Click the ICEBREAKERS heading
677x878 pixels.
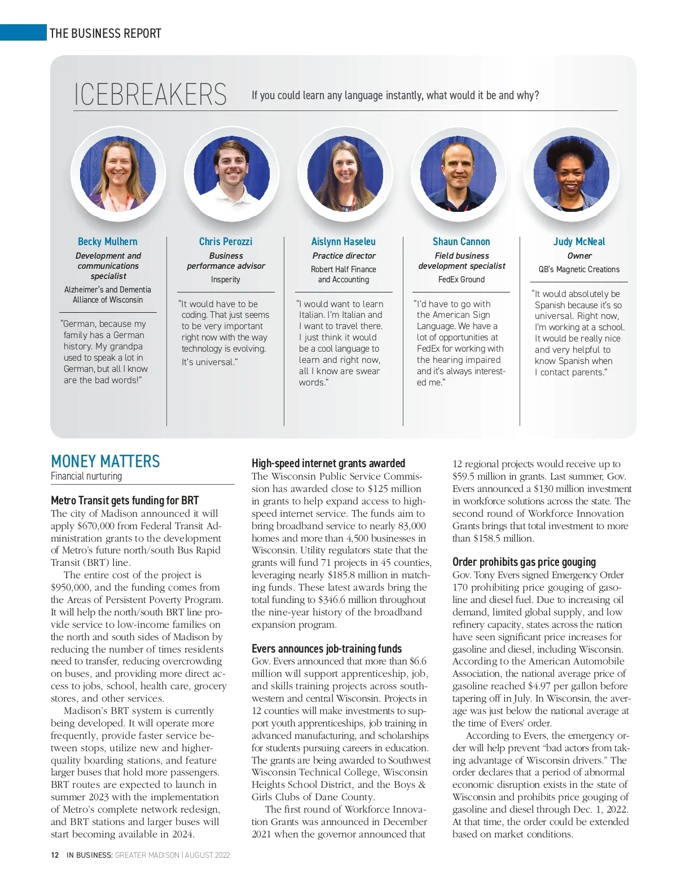tap(150, 95)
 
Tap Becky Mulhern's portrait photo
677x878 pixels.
tap(118, 173)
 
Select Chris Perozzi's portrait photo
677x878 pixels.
tap(231, 173)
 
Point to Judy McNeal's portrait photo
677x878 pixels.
tap(572, 173)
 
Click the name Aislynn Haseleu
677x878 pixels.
tap(343, 242)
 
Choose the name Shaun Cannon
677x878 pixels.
tap(461, 242)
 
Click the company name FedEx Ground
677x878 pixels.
tap(461, 280)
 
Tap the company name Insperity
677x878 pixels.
tap(225, 280)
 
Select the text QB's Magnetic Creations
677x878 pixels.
tap(579, 269)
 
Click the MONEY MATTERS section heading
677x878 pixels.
tap(105, 462)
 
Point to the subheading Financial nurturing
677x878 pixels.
tap(86, 476)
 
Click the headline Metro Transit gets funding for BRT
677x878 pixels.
tap(125, 500)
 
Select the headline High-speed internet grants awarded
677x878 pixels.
tap(328, 463)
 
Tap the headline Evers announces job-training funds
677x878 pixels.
tap(327, 649)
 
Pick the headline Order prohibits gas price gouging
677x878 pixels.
tap(524, 562)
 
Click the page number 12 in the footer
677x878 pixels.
tap(55, 855)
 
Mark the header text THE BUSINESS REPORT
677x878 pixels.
tap(105, 33)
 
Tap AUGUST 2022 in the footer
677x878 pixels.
tap(207, 855)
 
